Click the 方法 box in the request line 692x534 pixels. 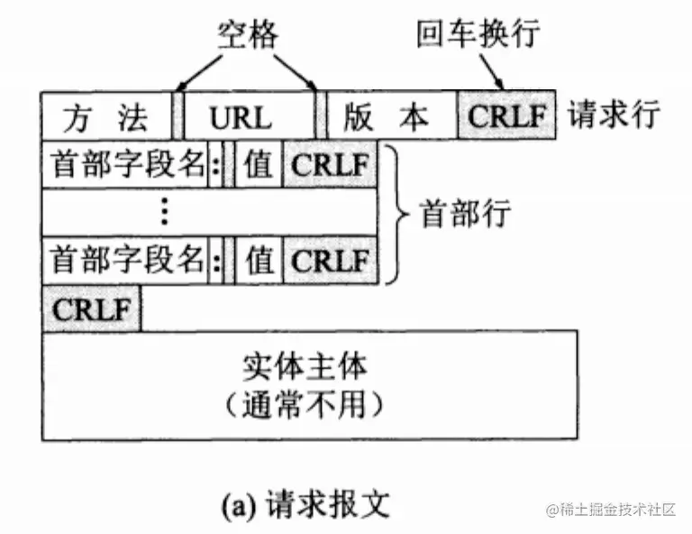point(106,115)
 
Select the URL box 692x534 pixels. point(249,116)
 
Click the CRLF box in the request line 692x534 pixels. point(507,116)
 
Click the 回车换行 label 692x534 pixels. point(478,34)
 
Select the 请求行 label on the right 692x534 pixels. point(615,115)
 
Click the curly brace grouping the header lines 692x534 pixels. point(393,213)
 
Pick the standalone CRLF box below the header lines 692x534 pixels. point(91,308)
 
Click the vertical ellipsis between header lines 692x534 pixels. point(164,212)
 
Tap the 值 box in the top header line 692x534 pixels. point(259,165)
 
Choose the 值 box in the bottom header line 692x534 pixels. point(259,261)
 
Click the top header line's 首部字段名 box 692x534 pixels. point(125,165)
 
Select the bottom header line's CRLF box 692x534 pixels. point(331,261)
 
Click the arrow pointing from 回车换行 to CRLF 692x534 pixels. point(492,70)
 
